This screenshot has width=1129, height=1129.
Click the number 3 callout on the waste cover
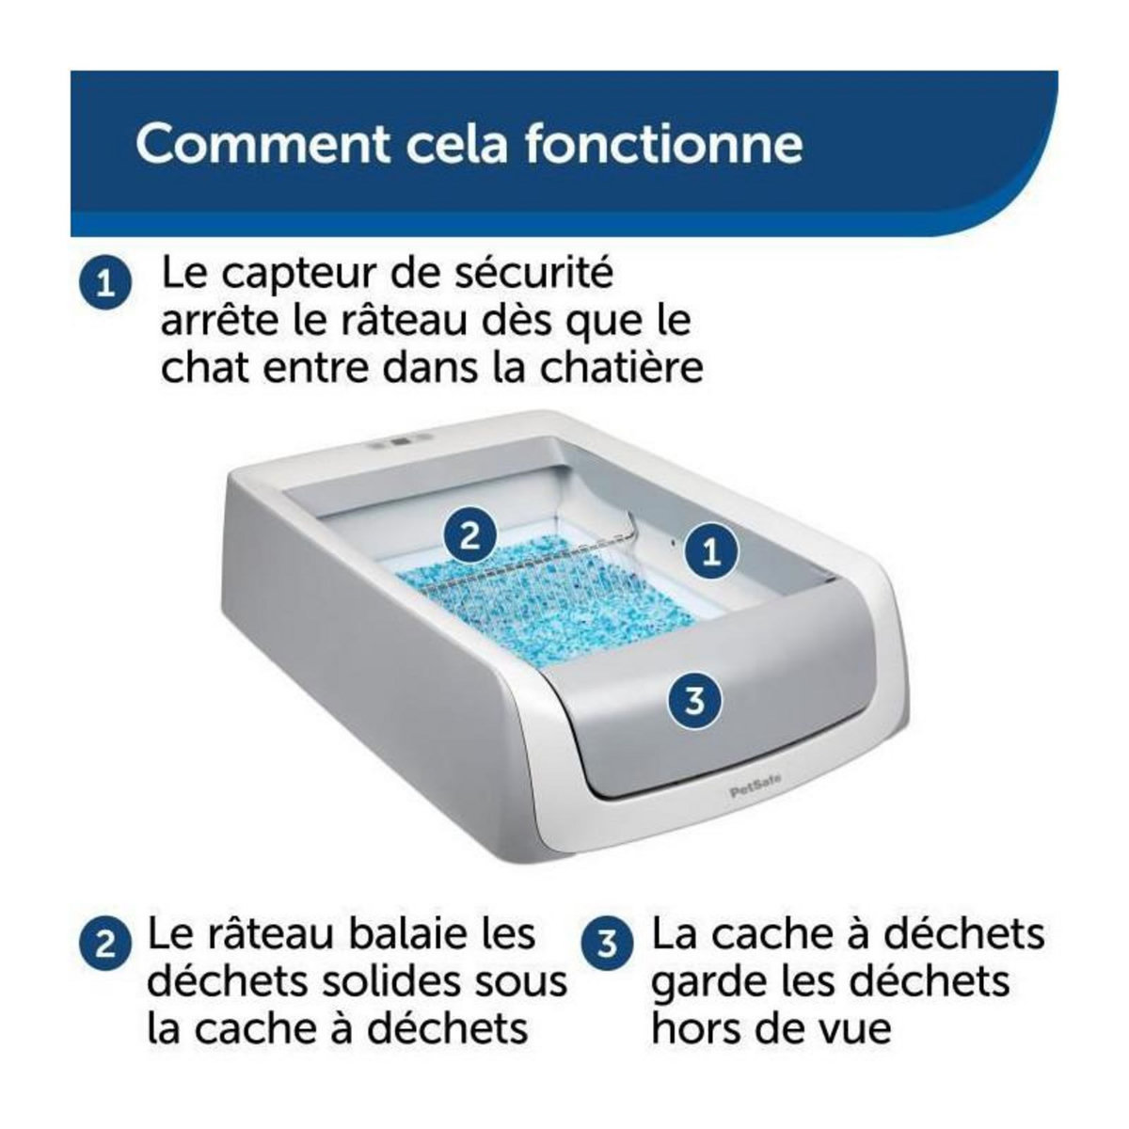pos(694,701)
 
